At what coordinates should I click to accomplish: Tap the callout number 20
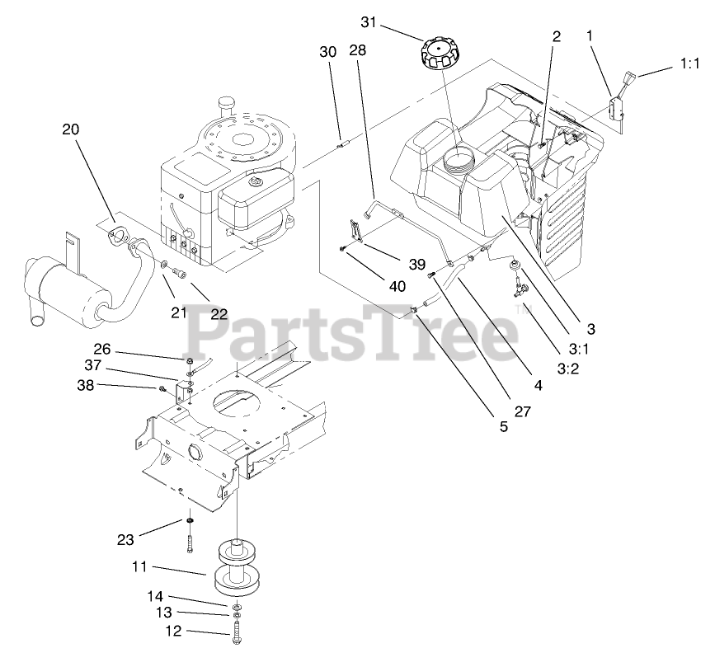pos(72,129)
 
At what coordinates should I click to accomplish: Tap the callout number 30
pos(327,51)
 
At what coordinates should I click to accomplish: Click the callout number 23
pos(125,540)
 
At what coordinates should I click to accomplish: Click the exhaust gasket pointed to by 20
pos(122,236)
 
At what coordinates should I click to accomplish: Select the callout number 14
pos(155,594)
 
